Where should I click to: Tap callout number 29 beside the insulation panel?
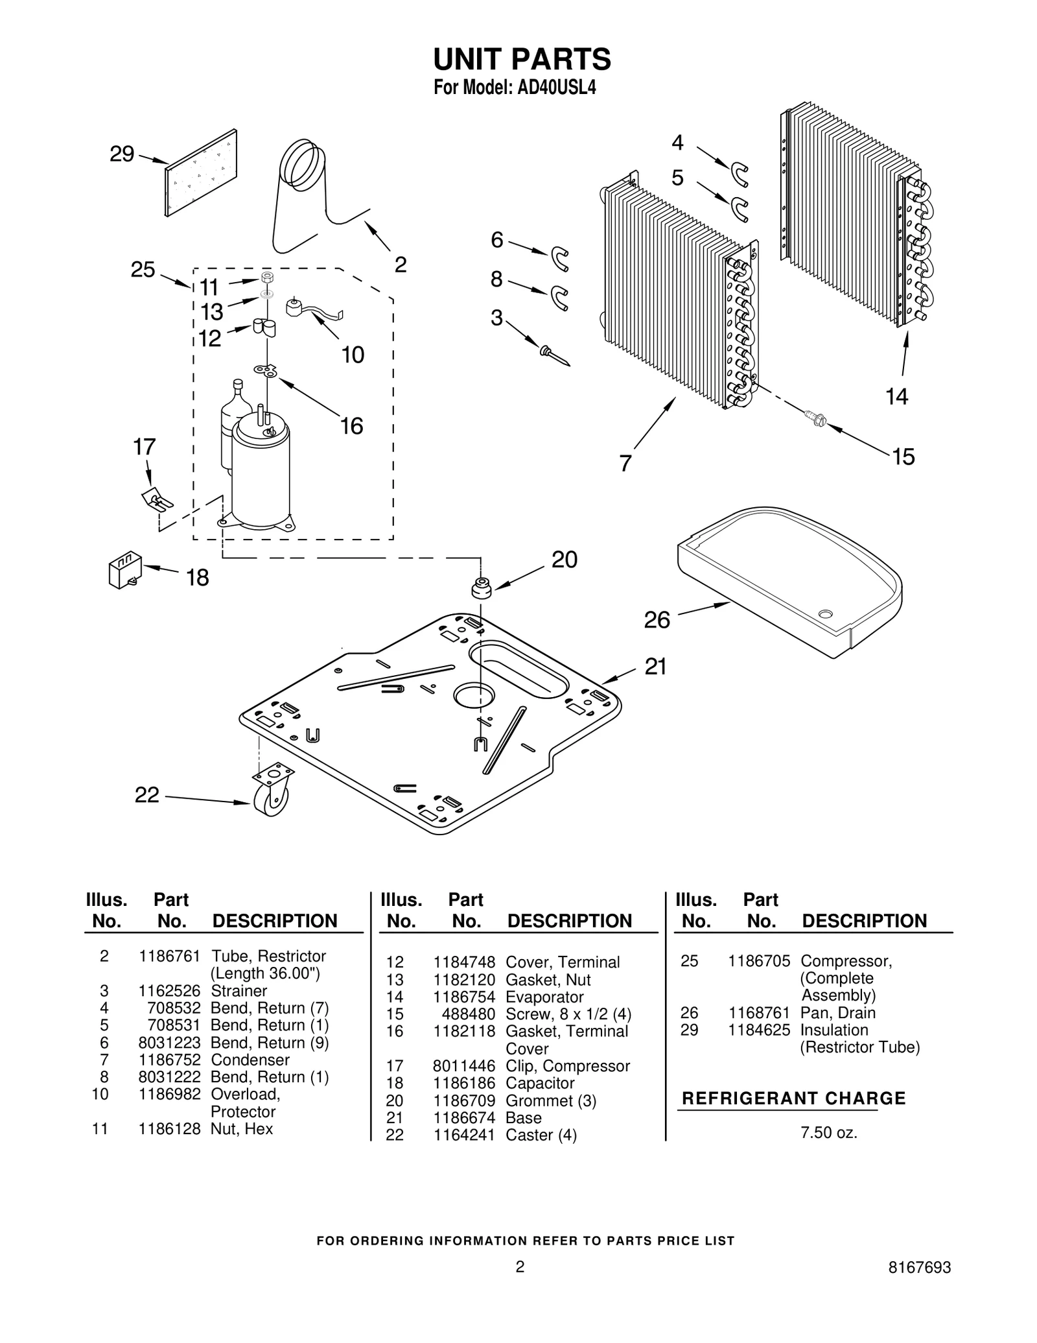click(122, 154)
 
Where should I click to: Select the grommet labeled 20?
click(480, 588)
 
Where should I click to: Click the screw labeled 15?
click(814, 418)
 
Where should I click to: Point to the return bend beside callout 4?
click(740, 174)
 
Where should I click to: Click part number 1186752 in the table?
click(169, 1060)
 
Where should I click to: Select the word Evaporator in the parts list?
click(544, 997)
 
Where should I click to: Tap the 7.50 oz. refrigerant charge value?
click(828, 1133)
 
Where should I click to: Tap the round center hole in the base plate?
click(474, 695)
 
